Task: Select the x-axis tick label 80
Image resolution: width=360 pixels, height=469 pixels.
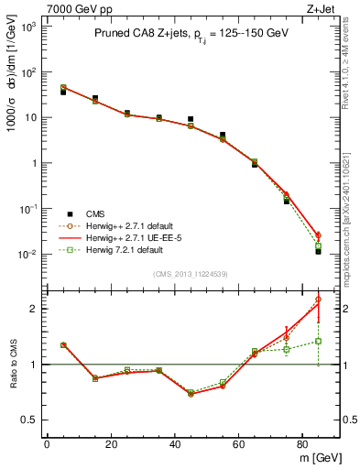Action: point(303,444)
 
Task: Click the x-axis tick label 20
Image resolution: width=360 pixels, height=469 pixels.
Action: point(111,444)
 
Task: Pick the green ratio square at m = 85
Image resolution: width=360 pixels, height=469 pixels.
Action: point(319,341)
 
